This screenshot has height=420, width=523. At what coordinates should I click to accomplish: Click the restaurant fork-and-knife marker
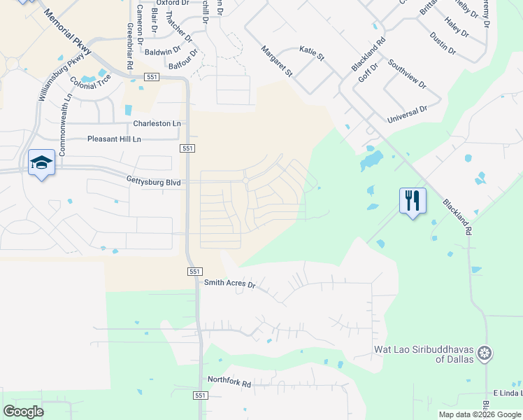coord(413,201)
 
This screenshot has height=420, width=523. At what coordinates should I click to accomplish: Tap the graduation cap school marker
coord(41,163)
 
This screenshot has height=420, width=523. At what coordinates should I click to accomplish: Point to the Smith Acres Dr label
coord(230,285)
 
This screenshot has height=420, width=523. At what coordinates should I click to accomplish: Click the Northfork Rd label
coord(229,380)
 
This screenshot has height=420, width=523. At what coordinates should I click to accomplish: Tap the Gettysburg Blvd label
coord(153,183)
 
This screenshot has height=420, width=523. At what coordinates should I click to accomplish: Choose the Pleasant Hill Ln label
coord(114,139)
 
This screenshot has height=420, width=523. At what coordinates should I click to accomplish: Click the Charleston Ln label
coord(157,123)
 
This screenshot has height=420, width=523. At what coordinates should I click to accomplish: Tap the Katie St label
coord(312,52)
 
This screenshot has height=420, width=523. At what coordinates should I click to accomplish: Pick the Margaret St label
coord(277,61)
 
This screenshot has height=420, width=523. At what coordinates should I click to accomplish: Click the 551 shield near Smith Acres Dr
coord(195,271)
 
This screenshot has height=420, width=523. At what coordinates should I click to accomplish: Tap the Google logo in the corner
coord(23,411)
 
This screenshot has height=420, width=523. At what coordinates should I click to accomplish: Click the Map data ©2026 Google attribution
coord(479,414)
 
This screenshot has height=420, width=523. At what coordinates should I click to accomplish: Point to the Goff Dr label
coord(368,73)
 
